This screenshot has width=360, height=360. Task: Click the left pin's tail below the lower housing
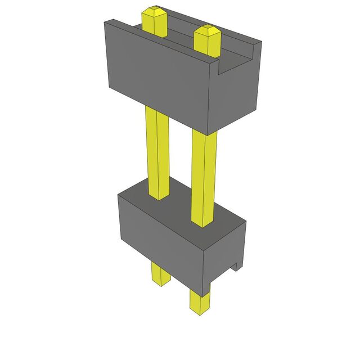[x=160, y=274]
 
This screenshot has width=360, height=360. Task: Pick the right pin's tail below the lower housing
[x=199, y=301]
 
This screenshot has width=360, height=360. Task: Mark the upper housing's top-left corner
[x=105, y=21]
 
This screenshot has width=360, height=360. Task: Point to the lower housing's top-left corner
[x=118, y=195]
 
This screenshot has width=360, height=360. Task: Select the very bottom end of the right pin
[x=199, y=312]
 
